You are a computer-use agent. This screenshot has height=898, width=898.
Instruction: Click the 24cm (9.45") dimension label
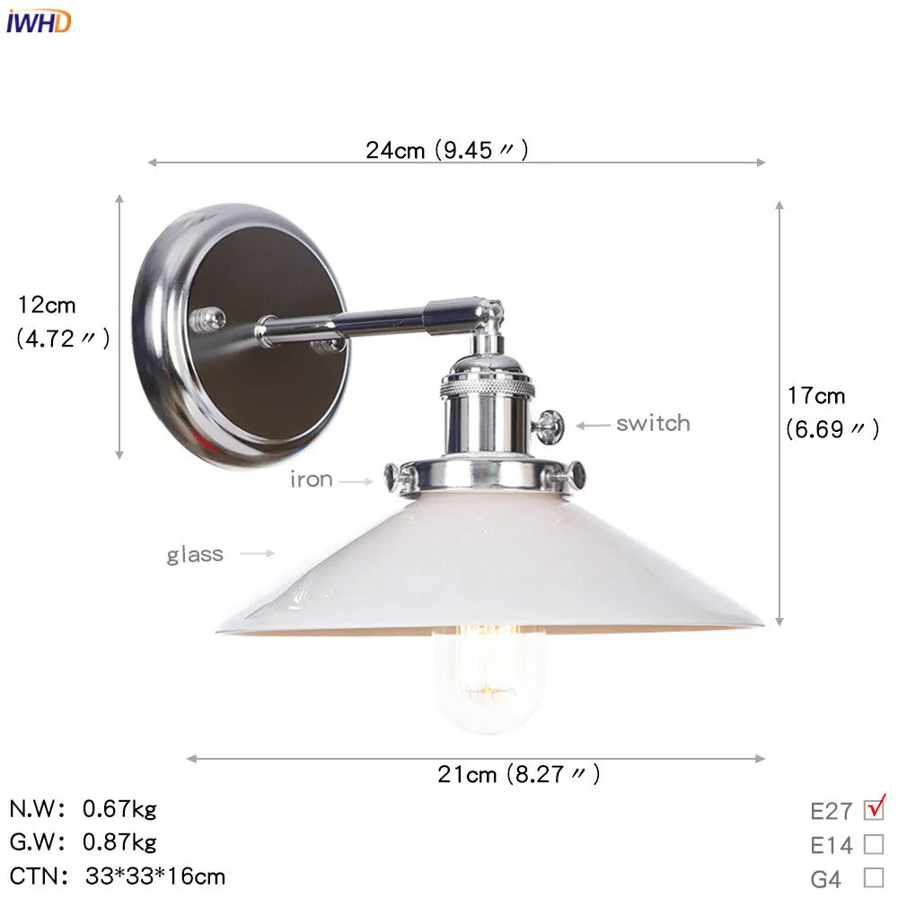[446, 150]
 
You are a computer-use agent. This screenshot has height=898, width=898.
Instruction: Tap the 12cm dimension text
[48, 305]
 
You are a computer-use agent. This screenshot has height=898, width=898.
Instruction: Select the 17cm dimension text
[816, 395]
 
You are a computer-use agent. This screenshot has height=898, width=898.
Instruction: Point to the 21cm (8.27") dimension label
[519, 774]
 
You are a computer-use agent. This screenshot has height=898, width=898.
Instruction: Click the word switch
[653, 423]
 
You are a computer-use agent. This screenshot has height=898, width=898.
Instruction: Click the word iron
[311, 480]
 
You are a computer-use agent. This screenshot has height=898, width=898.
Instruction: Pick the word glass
[195, 554]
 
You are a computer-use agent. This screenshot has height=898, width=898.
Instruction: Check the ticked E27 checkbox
[873, 809]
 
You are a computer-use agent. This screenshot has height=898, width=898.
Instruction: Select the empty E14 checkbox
[873, 844]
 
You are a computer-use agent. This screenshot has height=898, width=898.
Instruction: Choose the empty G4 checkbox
[873, 877]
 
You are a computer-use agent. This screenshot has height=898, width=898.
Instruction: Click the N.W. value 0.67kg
[119, 809]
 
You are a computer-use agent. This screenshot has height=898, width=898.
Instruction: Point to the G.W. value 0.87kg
[119, 842]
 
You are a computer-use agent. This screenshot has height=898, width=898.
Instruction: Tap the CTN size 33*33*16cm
[155, 876]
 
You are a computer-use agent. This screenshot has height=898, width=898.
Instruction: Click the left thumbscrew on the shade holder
[392, 477]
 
